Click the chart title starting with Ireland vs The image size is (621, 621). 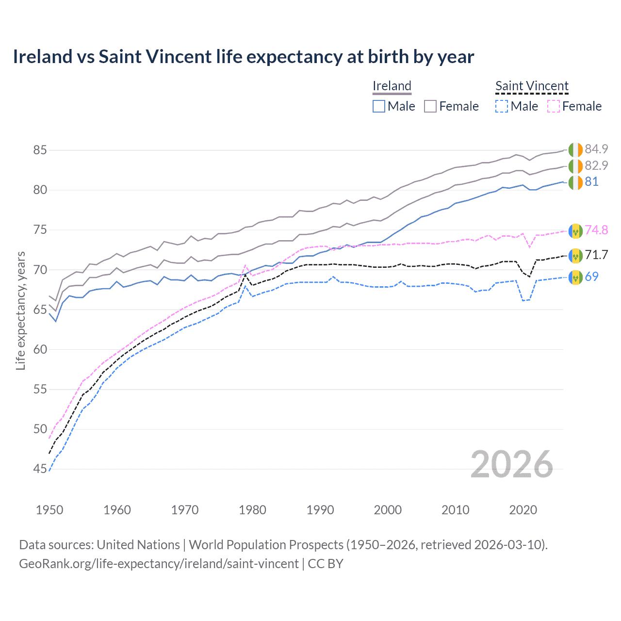click(x=243, y=57)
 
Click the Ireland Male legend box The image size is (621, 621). click(x=379, y=106)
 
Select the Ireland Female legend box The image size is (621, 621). click(x=430, y=106)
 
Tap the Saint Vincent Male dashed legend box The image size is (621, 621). click(x=502, y=106)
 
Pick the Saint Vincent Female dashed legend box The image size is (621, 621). click(x=554, y=106)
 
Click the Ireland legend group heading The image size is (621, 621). click(x=392, y=86)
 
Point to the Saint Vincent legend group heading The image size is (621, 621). click(x=532, y=86)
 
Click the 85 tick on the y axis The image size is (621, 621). click(x=40, y=150)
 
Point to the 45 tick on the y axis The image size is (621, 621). click(x=40, y=469)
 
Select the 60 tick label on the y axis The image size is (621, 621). click(x=40, y=349)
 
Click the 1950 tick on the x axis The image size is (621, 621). click(x=49, y=510)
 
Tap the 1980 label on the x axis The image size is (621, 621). click(x=252, y=510)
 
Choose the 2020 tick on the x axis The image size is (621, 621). click(x=523, y=510)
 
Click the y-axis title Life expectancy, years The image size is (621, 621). click(x=20, y=310)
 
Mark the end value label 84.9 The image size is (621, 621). click(x=596, y=149)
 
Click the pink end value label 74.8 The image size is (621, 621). click(x=596, y=230)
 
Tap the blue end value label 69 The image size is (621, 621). click(x=591, y=277)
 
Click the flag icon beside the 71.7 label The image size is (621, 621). click(x=575, y=255)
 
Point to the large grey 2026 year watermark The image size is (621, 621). click(x=512, y=464)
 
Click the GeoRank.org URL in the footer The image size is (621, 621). click(x=159, y=564)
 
